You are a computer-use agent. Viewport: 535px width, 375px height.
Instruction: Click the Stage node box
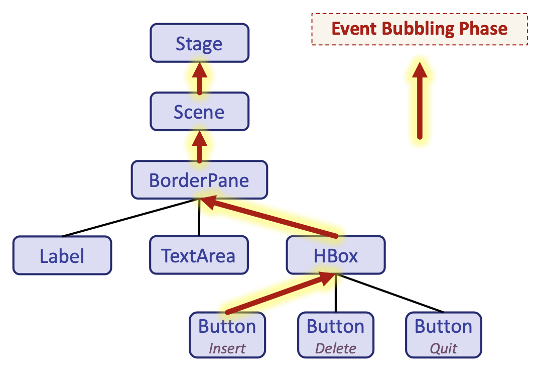[199, 43]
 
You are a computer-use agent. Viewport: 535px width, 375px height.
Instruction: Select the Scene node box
[199, 112]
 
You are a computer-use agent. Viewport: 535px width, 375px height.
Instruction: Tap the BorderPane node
[199, 180]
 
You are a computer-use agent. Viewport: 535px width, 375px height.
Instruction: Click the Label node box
[62, 256]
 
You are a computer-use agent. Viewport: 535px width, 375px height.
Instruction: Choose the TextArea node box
[199, 256]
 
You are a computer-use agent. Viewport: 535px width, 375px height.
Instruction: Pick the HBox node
[335, 256]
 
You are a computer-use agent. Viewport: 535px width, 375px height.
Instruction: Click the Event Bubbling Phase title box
[420, 29]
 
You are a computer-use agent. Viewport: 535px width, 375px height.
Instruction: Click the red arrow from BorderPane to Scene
[199, 146]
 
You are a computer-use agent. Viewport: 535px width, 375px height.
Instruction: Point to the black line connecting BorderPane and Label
[130, 218]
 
